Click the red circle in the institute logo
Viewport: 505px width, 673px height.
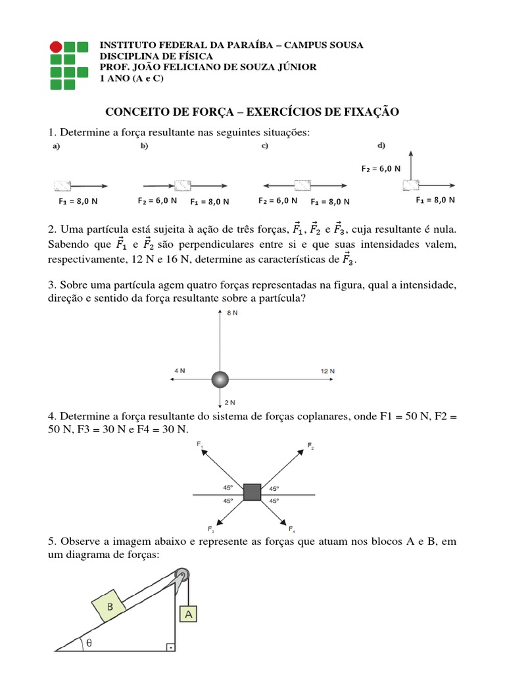click(57, 47)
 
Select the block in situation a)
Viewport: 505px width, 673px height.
click(62, 185)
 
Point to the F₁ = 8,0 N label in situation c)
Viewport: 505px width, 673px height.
click(330, 202)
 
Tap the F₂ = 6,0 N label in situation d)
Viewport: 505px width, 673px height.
click(381, 168)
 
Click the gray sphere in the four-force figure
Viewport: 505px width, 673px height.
click(220, 379)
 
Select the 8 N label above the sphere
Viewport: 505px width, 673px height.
click(232, 313)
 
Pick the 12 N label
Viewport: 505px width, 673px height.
click(327, 371)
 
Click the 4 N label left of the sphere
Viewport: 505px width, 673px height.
click(179, 371)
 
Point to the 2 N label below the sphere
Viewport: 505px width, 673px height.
click(230, 401)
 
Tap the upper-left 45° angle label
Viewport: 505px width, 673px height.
click(228, 488)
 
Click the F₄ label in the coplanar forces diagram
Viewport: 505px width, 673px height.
click(291, 529)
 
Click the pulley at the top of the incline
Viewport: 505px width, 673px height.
click(182, 575)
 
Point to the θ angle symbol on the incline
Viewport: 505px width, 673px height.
click(89, 644)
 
